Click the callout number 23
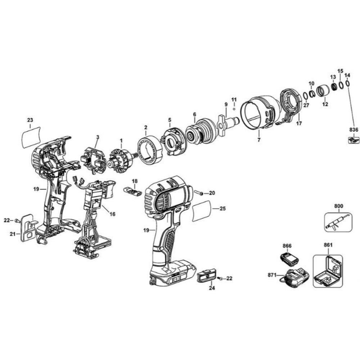click(x=30, y=120)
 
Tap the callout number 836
click(x=354, y=130)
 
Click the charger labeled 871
click(x=297, y=278)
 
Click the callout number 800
click(x=339, y=206)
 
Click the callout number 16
click(x=112, y=214)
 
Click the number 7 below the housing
click(x=258, y=140)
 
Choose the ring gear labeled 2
click(x=148, y=149)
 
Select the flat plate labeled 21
click(x=27, y=228)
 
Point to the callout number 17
click(x=299, y=123)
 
